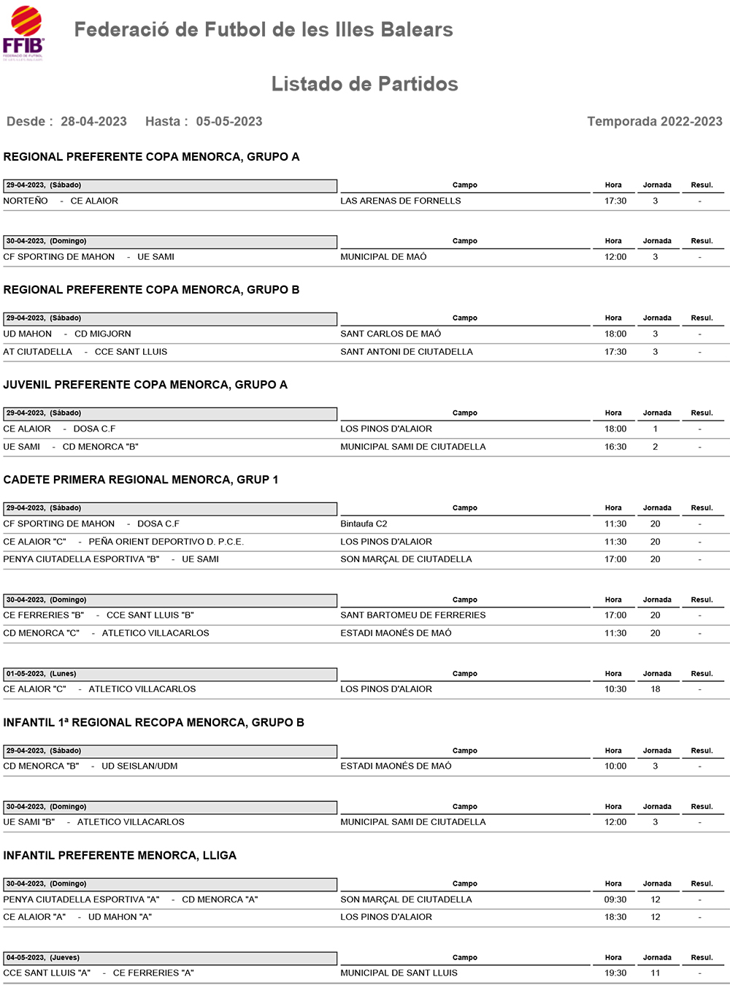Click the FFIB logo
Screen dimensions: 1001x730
point(23,33)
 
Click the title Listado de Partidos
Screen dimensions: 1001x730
point(364,84)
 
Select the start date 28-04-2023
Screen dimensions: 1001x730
point(93,121)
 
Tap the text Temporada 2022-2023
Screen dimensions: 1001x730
point(654,121)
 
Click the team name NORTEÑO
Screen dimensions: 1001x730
point(26,201)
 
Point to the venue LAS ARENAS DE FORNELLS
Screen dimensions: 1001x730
point(400,201)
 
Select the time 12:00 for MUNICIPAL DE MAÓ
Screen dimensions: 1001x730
point(615,257)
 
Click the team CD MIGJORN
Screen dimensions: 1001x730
point(103,334)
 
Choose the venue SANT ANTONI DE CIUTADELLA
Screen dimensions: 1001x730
point(406,352)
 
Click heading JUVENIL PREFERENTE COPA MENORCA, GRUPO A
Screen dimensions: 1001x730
point(145,385)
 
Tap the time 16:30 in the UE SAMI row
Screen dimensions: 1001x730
point(615,447)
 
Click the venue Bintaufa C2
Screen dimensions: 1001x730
point(364,523)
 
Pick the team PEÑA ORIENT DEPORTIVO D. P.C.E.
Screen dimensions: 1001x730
point(166,542)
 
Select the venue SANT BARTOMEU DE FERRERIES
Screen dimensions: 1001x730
point(412,615)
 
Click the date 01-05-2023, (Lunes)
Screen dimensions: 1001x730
point(42,674)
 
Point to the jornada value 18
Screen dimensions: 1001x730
point(655,689)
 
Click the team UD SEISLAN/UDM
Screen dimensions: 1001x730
point(139,766)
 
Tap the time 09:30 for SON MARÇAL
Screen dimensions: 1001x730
point(615,900)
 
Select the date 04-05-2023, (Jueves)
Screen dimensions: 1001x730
point(43,957)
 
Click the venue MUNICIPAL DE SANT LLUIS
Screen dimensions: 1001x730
point(399,973)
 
